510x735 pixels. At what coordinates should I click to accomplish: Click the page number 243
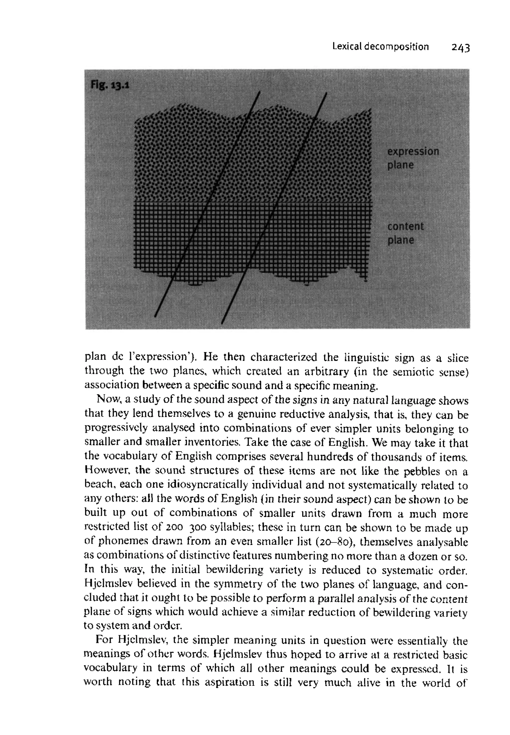(x=460, y=48)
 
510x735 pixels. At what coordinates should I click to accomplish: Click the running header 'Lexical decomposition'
(x=380, y=47)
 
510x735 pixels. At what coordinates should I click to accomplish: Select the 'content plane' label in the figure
(x=405, y=233)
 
